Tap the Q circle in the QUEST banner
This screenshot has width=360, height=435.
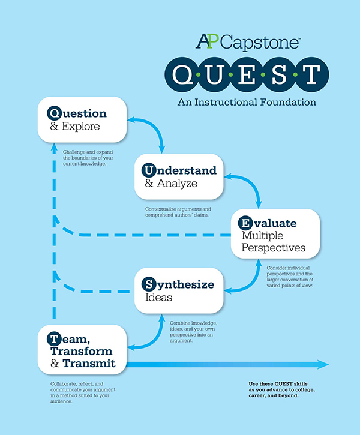182,75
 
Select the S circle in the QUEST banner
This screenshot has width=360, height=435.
279,75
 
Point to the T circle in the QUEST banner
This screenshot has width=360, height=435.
311,75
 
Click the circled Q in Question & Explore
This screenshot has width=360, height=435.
55,113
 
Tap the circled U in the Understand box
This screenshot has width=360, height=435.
149,170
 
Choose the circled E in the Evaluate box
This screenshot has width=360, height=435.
245,223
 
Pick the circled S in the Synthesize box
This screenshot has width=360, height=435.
149,284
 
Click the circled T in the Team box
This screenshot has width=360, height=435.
55,339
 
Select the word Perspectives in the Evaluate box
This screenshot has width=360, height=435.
274,248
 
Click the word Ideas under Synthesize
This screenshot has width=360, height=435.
158,298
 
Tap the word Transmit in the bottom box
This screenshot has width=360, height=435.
89,363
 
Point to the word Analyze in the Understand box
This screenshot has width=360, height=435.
177,184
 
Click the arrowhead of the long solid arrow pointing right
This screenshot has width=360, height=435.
323,364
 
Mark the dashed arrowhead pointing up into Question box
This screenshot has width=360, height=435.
54,148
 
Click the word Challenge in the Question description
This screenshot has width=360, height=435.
74,152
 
